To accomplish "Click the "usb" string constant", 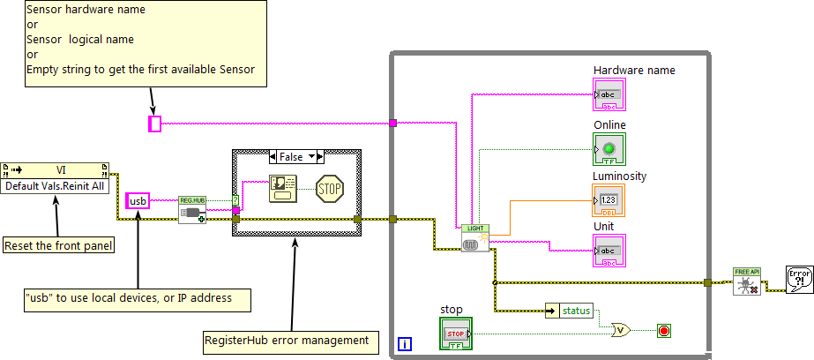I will pos(138,201).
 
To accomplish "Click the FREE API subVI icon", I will pos(746,281).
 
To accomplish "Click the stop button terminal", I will pos(456,334).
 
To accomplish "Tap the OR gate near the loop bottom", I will pos(622,331).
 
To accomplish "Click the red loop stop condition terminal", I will pos(663,332).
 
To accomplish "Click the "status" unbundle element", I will pos(575,310).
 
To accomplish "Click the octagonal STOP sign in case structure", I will pos(329,187).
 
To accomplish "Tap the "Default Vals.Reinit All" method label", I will pos(55,186).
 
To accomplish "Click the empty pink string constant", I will pos(155,124).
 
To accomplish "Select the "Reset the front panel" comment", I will pos(58,245).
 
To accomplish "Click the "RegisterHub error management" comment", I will pos(286,339).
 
